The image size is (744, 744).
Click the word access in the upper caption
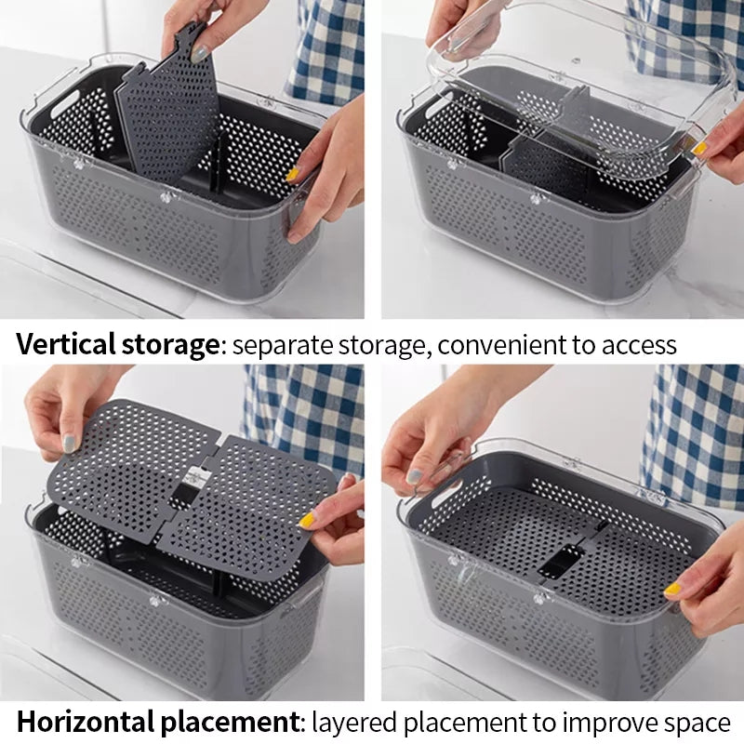(637, 345)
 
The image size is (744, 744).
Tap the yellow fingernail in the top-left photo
(293, 174)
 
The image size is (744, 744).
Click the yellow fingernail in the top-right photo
(698, 148)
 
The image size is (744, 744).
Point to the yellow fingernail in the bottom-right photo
(671, 589)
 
